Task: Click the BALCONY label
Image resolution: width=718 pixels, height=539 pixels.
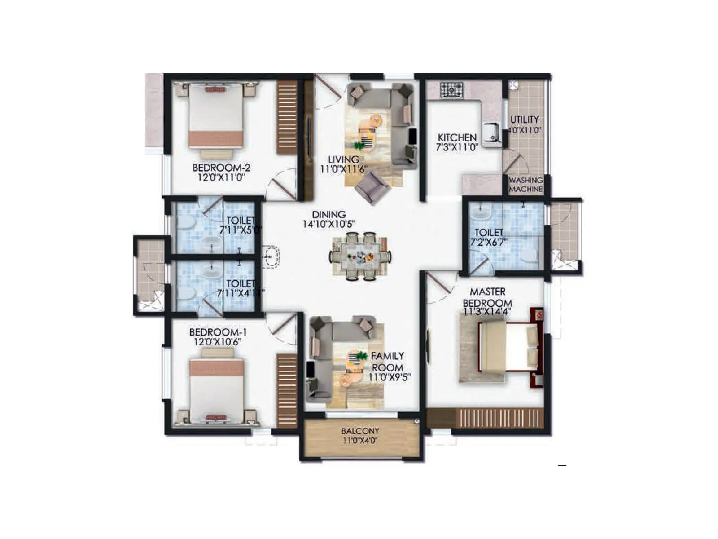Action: tap(360, 431)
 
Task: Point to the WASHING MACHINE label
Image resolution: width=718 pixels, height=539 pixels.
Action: tap(526, 185)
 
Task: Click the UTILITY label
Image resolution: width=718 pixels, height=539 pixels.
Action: tap(524, 119)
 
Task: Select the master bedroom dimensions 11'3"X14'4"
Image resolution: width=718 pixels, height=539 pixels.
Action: tap(487, 311)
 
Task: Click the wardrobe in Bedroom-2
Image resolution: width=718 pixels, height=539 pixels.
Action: tap(287, 117)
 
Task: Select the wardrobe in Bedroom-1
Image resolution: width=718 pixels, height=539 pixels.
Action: tap(287, 389)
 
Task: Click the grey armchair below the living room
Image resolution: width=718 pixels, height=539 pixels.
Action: tap(372, 187)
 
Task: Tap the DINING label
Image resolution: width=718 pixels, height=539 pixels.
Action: tap(329, 215)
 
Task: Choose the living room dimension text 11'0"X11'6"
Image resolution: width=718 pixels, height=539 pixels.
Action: tap(344, 169)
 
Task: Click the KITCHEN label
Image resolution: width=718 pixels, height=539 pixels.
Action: tap(457, 137)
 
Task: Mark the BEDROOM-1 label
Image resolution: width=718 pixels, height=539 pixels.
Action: tap(218, 332)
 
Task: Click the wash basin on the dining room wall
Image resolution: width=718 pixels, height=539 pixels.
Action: tap(270, 256)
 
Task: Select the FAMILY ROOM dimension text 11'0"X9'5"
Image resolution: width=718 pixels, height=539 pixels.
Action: tap(389, 378)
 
